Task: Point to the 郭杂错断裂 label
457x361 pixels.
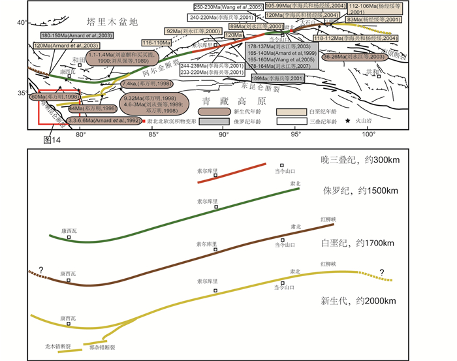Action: [101, 349]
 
